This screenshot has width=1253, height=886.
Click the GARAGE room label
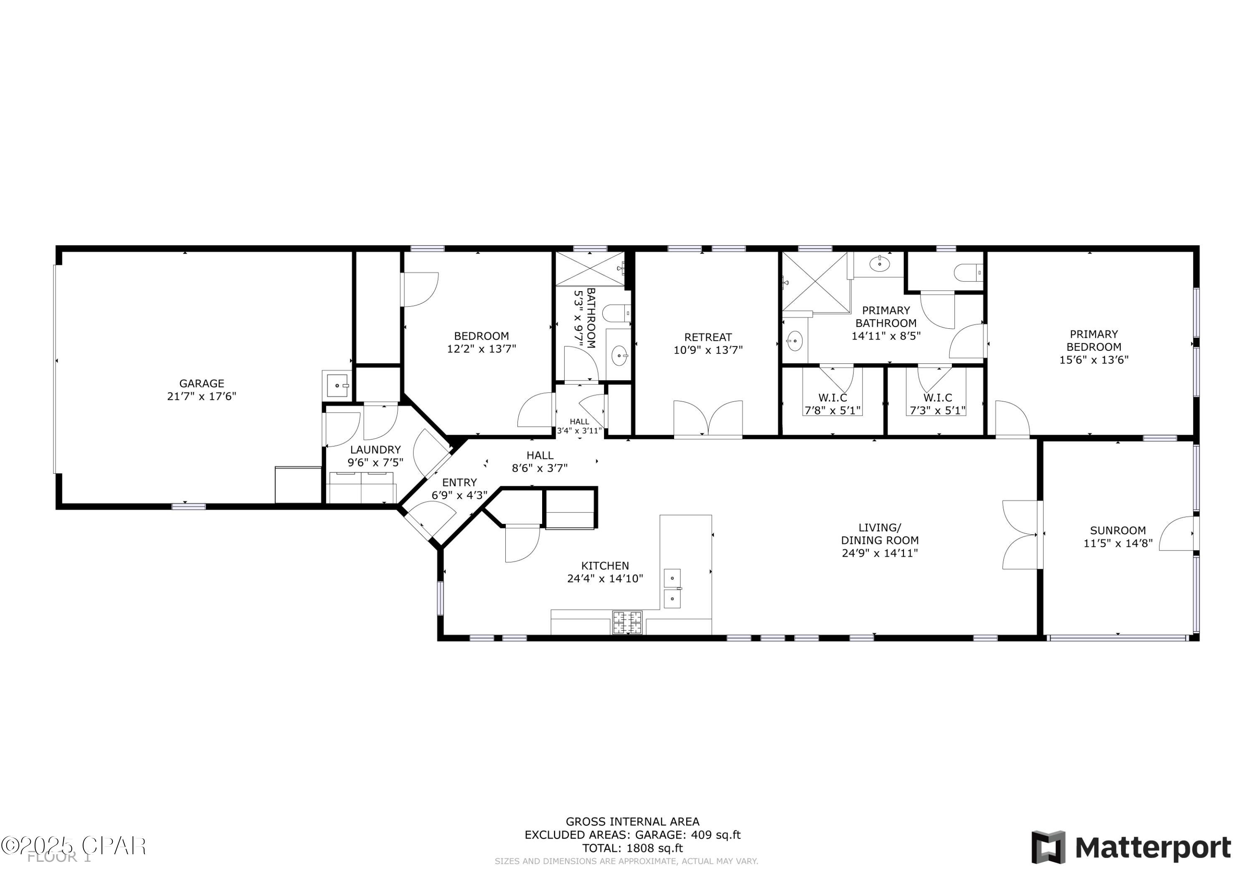(x=201, y=383)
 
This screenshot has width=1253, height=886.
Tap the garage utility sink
(x=337, y=385)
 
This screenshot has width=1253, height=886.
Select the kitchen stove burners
(x=627, y=622)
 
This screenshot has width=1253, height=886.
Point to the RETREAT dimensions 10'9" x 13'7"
(x=708, y=350)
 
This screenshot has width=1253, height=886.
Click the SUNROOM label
(x=1118, y=530)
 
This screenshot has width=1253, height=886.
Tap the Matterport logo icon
(x=1048, y=847)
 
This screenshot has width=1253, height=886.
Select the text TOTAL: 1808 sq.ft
(x=632, y=848)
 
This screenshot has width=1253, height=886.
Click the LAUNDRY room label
(x=375, y=449)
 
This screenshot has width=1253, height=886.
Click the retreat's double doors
(x=708, y=419)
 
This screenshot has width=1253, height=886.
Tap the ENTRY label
(x=459, y=482)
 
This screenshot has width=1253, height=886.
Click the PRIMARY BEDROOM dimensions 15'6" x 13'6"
(x=1093, y=360)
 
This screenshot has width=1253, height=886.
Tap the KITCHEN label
(x=605, y=566)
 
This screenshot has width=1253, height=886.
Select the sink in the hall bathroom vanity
(x=619, y=356)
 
